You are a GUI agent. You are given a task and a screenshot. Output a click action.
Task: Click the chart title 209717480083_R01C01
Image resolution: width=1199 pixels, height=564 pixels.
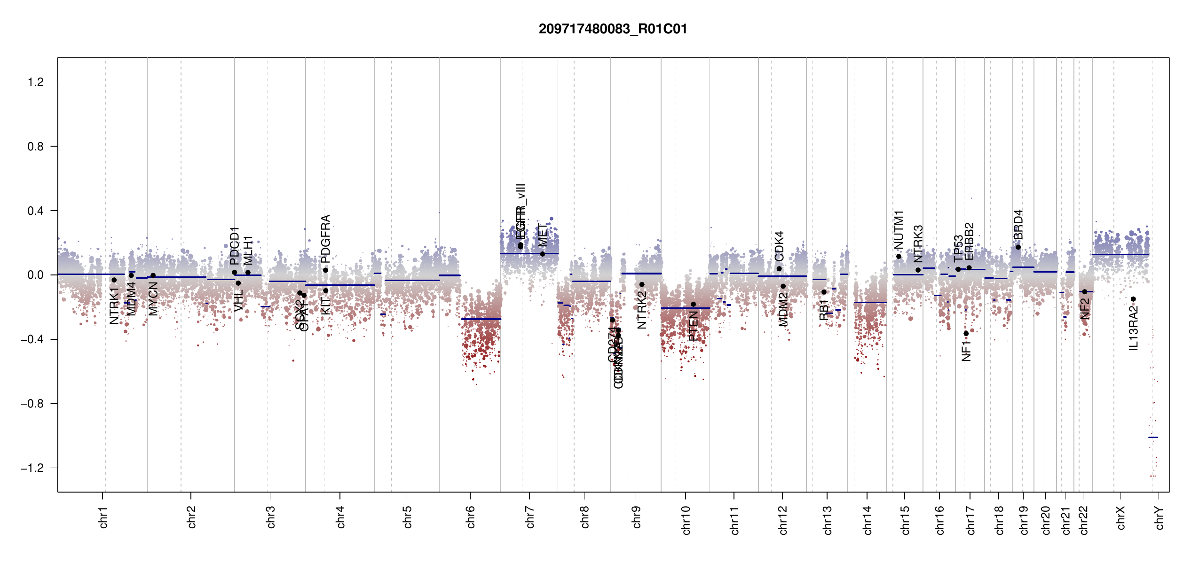pos(613,29)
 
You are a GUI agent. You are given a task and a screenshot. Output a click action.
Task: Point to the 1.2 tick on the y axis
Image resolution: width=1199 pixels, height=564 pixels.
pos(36,82)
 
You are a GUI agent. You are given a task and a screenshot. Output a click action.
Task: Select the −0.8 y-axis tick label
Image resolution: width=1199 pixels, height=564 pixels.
pos(32,404)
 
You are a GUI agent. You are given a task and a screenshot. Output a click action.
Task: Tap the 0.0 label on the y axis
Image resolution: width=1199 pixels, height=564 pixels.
pos(36,275)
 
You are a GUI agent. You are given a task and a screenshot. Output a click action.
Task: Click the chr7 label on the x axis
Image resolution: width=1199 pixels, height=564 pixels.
pos(530,517)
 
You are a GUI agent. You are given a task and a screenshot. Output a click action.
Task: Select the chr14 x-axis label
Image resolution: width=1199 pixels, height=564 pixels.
pos(868,520)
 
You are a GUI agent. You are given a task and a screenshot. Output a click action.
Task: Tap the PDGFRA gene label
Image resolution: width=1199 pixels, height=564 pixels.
pos(325,239)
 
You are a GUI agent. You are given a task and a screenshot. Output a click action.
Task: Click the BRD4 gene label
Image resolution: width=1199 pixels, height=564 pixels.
pos(1018,225)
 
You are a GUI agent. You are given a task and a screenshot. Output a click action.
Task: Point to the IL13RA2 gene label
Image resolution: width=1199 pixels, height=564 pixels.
pos(1134,328)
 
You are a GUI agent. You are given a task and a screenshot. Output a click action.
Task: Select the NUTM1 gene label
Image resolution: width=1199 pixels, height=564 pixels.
pos(899,230)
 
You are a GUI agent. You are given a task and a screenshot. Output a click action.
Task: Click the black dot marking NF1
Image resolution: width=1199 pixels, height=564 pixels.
pos(966,333)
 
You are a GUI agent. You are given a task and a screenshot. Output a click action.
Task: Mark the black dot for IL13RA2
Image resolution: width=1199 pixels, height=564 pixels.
pos(1133,299)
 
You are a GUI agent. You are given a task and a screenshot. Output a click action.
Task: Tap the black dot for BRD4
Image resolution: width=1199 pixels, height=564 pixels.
pos(1018,247)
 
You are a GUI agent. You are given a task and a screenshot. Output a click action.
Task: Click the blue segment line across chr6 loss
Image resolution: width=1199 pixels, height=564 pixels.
pos(481,319)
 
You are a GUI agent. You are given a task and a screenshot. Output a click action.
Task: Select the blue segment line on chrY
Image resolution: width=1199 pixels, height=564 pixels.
pos(1153,437)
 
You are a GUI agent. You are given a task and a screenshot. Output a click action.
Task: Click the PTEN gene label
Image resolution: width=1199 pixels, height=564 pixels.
pos(693,326)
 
